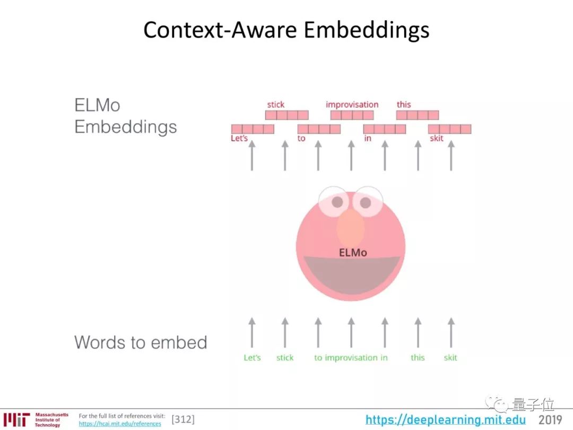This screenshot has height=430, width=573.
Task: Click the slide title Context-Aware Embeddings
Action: pos(286,30)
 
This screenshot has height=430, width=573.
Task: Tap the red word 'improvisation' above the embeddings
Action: pos(352,105)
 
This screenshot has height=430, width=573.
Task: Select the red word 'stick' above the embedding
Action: pos(275,105)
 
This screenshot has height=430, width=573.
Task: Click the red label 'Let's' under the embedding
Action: pos(239,139)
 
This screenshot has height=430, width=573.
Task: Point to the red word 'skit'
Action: pos(437,139)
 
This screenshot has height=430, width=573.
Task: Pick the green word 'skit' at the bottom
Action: pos(450,358)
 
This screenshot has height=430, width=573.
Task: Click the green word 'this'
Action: pos(418,358)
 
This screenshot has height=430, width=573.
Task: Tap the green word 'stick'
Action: pos(285,358)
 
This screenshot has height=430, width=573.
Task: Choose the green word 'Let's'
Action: pos(252,358)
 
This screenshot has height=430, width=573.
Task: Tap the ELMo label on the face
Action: pos(353,253)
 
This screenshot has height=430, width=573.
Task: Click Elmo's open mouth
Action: pos(351,273)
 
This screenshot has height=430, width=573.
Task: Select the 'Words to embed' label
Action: pos(141,342)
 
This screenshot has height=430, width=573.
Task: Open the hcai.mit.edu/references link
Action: pos(120,424)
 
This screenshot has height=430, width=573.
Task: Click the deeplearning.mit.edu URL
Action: pos(446,420)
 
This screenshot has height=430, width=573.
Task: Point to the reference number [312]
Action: pos(183,420)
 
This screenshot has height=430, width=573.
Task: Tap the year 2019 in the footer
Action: pos(550,420)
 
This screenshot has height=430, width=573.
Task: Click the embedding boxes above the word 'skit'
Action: pos(450,129)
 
